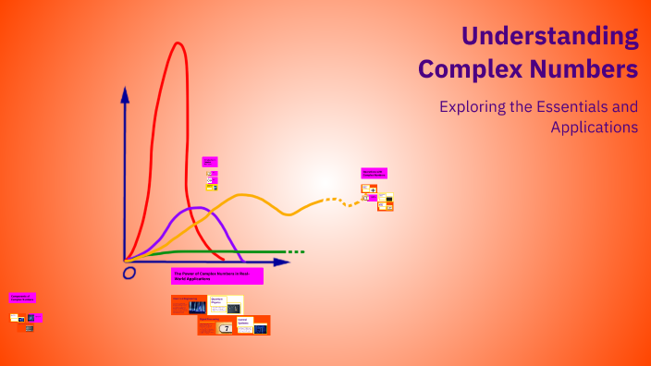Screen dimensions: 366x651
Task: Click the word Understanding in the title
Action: [x=549, y=36]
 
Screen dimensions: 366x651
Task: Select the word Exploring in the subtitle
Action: [x=473, y=106]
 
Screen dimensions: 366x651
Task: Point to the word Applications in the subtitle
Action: [x=594, y=128]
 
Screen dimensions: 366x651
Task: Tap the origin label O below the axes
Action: [x=129, y=272]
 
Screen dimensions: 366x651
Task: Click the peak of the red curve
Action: [x=176, y=43]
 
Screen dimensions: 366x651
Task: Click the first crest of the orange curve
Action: [x=242, y=195]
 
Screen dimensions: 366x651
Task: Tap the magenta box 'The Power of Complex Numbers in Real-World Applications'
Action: [x=217, y=275]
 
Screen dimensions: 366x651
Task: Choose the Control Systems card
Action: [x=252, y=325]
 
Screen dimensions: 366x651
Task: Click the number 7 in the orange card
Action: [x=226, y=328]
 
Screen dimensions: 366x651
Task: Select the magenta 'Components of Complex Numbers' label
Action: [x=22, y=298]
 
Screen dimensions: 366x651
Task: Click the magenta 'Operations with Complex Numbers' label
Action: [x=374, y=173]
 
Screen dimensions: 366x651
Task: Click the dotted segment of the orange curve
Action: [x=342, y=201]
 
